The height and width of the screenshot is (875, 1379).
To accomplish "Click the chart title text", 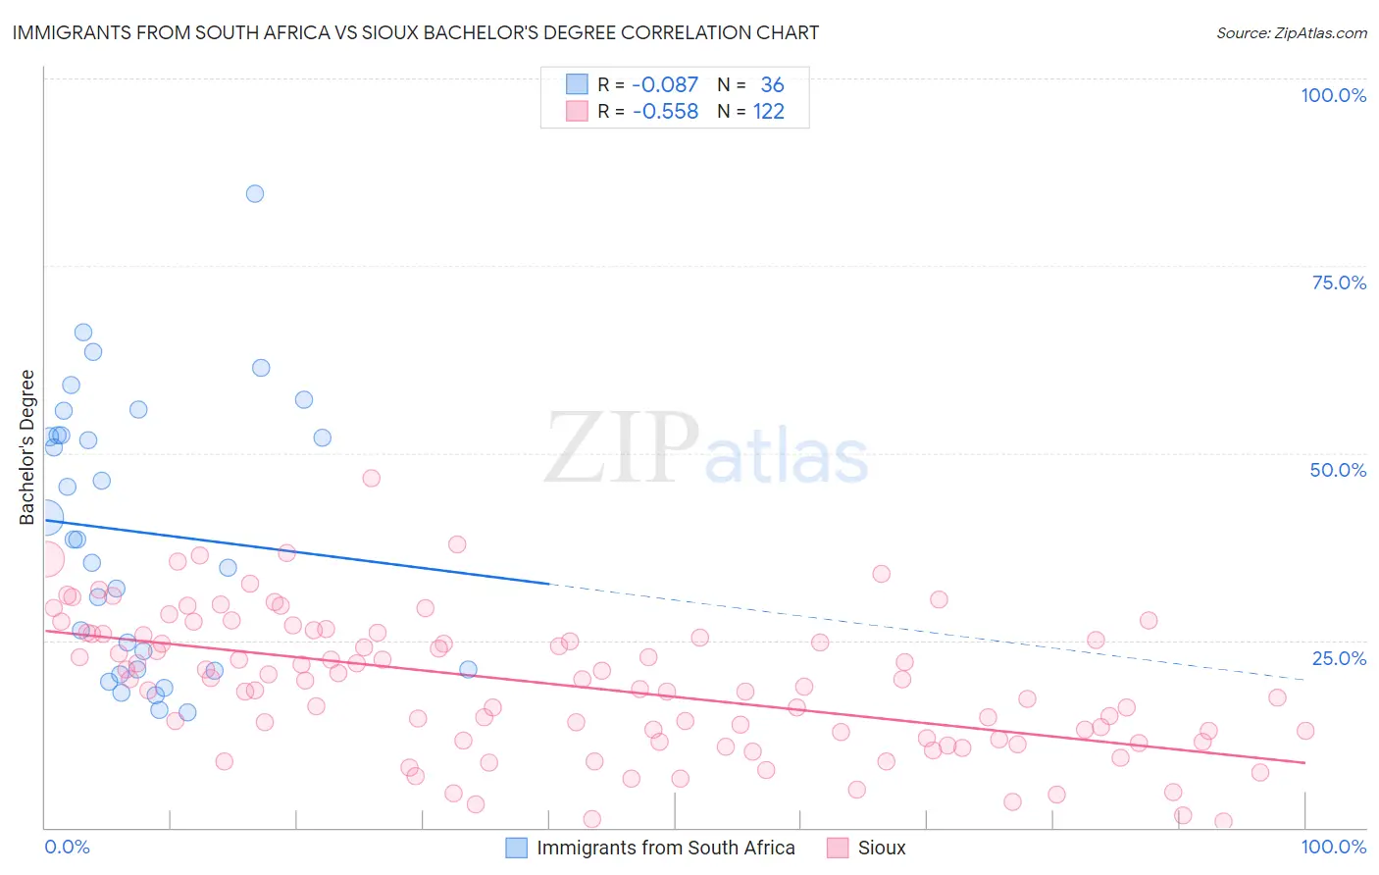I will (x=415, y=32).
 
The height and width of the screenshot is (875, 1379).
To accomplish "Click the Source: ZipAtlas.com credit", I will (x=1291, y=32).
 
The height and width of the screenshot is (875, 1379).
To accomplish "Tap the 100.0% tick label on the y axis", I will (x=1333, y=95).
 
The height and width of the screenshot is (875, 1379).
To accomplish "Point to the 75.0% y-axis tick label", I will (x=1339, y=283).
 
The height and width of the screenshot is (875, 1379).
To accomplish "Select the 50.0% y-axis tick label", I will (x=1338, y=470).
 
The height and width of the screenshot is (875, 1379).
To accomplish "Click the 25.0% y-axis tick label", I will (x=1339, y=657).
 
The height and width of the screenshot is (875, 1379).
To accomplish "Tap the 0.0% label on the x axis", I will (x=67, y=847).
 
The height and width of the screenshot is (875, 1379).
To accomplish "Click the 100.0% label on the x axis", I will (x=1333, y=847).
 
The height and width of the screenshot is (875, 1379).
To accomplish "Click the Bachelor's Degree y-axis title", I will (x=27, y=446).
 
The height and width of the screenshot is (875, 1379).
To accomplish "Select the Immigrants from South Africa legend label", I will (x=665, y=848).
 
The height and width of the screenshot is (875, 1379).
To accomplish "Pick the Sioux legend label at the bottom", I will (x=881, y=848).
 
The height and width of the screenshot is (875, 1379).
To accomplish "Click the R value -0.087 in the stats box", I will (x=665, y=85).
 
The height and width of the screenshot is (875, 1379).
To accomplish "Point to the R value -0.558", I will (x=665, y=112).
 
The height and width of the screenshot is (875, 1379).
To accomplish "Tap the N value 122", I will (x=769, y=112).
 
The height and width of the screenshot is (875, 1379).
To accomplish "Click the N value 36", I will (x=772, y=85).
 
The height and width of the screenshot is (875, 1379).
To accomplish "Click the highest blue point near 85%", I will (x=255, y=193).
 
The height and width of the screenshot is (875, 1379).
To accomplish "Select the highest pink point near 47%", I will (x=371, y=478).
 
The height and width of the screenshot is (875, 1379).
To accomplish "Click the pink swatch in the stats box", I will (x=577, y=111).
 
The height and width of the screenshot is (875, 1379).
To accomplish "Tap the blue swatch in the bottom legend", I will (x=517, y=848).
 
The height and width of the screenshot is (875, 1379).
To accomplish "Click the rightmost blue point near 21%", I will (x=468, y=669).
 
